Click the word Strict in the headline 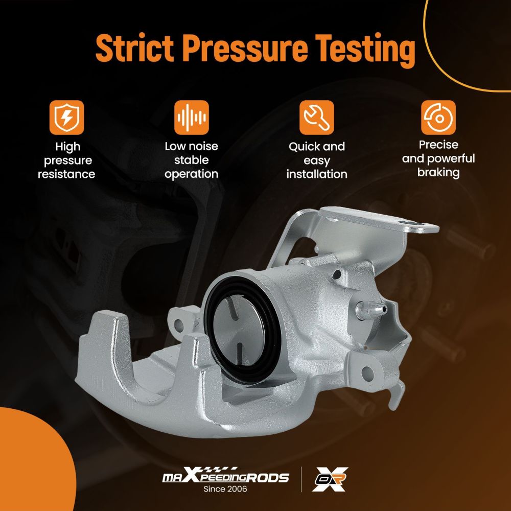pos(134,48)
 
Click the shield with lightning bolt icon pos(67,118)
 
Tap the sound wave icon pos(191,118)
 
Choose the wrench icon pos(316,118)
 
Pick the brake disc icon pos(438,118)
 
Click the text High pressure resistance pos(67,160)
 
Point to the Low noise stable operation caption pos(191,160)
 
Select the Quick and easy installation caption pos(317,160)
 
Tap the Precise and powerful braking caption pos(438,159)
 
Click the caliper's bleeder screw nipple pos(371,310)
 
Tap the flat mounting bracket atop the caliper pos(378,219)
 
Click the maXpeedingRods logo pos(225,476)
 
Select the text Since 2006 pos(225,489)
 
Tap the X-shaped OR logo pos(330,479)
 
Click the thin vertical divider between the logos pos(301,479)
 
